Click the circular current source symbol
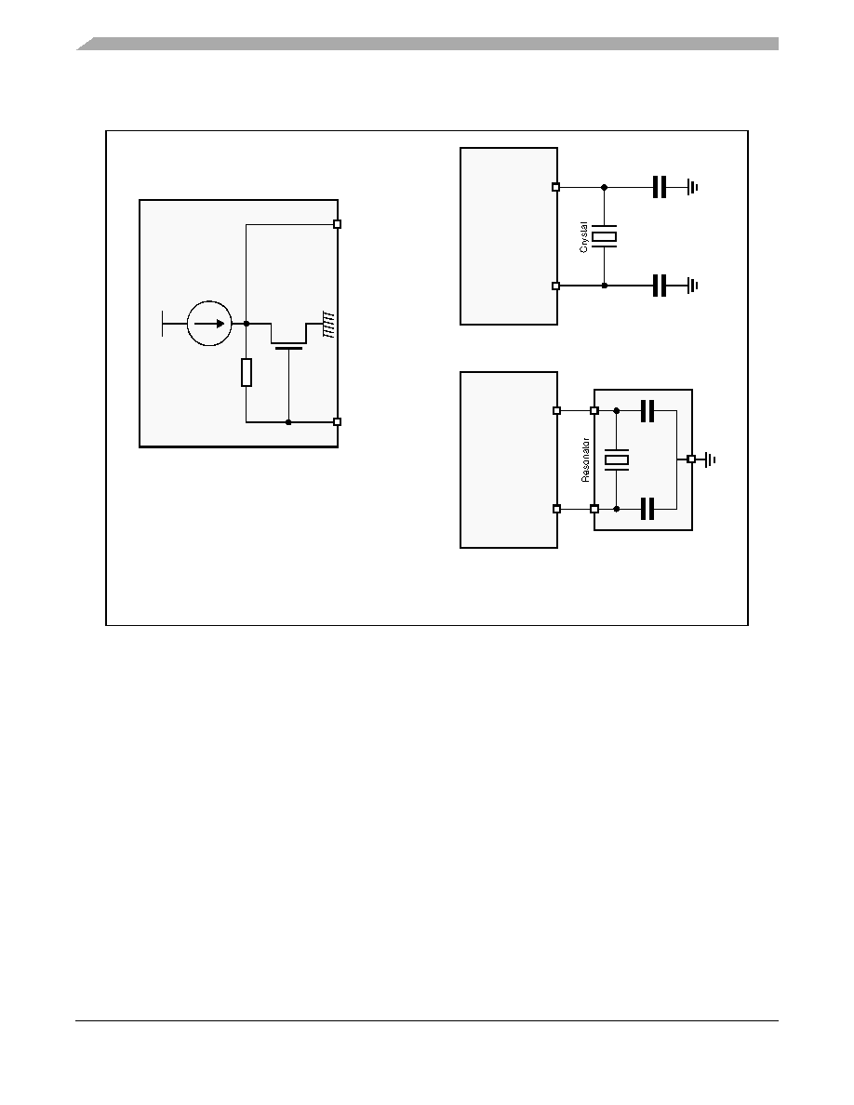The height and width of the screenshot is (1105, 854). [209, 324]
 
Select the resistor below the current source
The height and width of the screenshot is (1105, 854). [246, 372]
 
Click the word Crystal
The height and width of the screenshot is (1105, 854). [583, 237]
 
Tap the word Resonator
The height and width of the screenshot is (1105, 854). [585, 459]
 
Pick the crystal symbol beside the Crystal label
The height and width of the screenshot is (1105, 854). [604, 237]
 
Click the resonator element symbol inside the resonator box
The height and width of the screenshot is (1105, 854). [617, 460]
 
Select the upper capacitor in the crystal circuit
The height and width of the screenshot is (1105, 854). [659, 188]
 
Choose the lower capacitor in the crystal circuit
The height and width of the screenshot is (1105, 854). [659, 286]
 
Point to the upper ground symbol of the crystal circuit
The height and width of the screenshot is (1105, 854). [693, 188]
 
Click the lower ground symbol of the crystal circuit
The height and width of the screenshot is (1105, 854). [693, 286]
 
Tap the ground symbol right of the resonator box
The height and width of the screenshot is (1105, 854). [710, 459]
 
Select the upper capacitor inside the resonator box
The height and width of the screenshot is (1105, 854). [647, 410]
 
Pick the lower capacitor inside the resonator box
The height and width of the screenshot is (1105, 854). [647, 508]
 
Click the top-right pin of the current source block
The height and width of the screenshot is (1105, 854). [338, 224]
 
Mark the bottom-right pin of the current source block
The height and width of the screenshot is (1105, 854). [338, 422]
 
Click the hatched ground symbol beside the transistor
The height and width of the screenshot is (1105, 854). [328, 325]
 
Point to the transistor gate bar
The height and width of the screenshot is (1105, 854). [289, 348]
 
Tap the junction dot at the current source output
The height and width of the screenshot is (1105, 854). [246, 324]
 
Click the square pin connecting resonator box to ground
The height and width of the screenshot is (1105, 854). [691, 459]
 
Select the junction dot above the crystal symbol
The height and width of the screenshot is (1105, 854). [604, 188]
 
